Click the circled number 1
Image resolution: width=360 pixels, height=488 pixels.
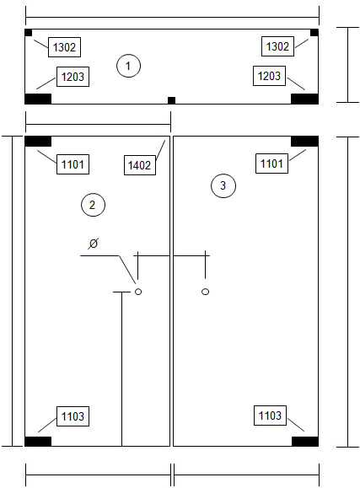click(x=128, y=66)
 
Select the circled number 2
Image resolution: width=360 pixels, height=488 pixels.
click(x=93, y=205)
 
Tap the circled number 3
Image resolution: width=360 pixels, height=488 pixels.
click(x=223, y=185)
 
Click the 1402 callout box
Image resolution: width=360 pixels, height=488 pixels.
click(x=140, y=165)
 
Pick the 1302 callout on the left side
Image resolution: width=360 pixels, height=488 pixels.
click(x=64, y=47)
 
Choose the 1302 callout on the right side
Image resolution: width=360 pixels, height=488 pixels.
click(x=277, y=46)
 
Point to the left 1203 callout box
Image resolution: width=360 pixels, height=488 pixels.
click(x=73, y=77)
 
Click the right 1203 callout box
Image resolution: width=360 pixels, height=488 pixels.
click(x=270, y=76)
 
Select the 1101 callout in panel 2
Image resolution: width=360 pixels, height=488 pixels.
click(x=73, y=164)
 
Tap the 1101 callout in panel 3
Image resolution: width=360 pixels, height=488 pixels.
click(x=271, y=164)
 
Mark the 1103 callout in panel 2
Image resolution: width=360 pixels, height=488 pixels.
click(x=73, y=416)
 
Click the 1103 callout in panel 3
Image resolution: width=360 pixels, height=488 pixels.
click(x=270, y=416)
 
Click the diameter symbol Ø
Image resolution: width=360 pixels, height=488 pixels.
click(x=93, y=243)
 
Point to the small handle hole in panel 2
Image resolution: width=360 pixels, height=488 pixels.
click(x=138, y=292)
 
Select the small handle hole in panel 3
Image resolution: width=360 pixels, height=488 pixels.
click(x=205, y=292)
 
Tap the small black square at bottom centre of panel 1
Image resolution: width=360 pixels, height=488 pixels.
click(x=172, y=100)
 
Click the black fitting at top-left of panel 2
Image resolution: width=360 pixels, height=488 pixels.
click(x=38, y=142)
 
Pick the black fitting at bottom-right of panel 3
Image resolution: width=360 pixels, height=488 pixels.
click(x=305, y=442)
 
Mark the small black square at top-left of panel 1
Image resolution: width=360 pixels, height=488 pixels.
click(x=29, y=32)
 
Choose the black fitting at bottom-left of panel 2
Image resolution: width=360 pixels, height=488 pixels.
click(x=38, y=442)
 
